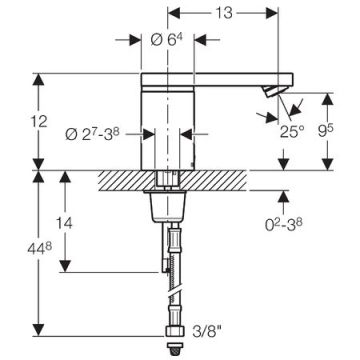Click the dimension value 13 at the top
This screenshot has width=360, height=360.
[223, 13]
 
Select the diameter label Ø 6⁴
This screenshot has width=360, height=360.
[167, 40]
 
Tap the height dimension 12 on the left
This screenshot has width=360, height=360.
[40, 122]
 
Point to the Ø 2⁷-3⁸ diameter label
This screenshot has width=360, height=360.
[92, 134]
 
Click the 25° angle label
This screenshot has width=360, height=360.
[292, 132]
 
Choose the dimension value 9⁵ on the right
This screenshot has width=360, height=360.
[326, 132]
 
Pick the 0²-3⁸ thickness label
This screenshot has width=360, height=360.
[284, 225]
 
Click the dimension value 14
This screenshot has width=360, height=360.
[64, 223]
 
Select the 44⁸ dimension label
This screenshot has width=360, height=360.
[40, 248]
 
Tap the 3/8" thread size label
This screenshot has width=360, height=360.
[207, 332]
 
